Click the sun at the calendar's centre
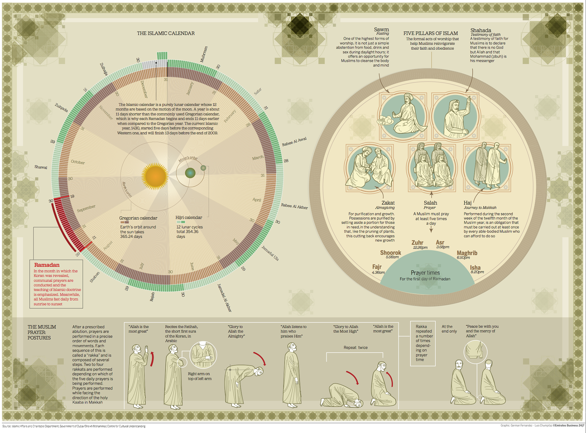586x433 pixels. pos(155,176)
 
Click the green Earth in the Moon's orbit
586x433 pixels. pos(190,173)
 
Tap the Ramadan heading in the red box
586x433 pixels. pos(47,265)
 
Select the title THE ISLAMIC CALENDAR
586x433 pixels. pos(165,33)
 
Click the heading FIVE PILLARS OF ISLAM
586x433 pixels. pos(430,33)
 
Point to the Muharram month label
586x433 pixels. pos(204,54)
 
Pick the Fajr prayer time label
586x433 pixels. pos(377,267)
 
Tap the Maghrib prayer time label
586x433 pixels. pos(467,253)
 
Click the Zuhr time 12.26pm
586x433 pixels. pos(420,248)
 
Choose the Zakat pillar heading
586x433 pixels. pos(388,203)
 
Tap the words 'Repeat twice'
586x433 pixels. pos(356,348)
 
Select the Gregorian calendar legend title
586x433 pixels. pos(138,218)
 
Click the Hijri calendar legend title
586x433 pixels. pos(189,218)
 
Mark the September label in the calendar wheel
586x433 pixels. pos(86,208)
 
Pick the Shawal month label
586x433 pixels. pos(41,167)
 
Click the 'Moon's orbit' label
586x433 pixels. pos(188,159)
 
